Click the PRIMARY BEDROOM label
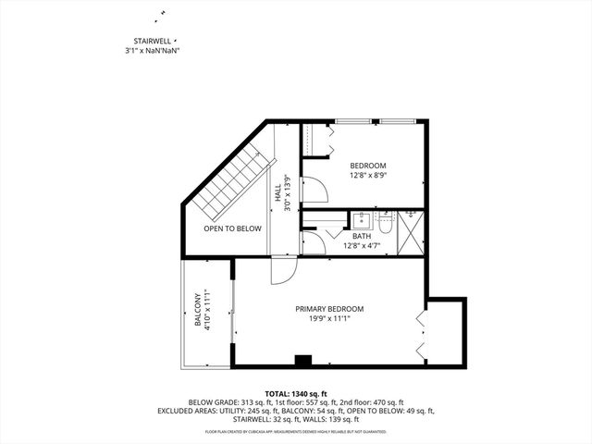328,308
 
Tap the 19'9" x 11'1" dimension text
328,319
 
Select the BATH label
361,236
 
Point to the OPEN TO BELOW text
232,228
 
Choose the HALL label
277,194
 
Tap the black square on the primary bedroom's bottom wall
301,359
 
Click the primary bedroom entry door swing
280,269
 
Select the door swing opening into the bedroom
316,191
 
